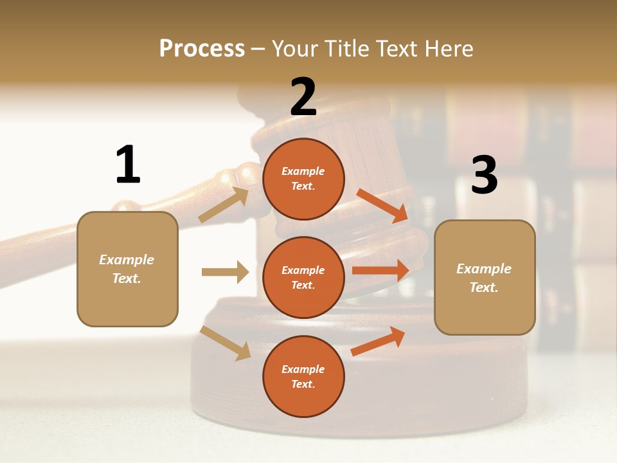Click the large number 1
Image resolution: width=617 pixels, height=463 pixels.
point(128,165)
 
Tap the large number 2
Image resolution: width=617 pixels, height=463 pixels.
point(303,96)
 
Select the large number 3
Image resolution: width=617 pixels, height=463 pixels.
point(484,175)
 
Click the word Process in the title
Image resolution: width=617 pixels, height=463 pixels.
point(202,48)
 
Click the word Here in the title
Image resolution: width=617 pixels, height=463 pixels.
point(449,48)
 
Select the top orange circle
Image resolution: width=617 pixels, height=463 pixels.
point(303,179)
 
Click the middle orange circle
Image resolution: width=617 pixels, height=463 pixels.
point(303,277)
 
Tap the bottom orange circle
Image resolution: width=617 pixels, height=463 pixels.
point(303,376)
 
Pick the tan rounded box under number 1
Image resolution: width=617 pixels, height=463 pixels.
point(127,269)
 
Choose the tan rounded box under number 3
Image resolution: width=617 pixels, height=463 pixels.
point(484,278)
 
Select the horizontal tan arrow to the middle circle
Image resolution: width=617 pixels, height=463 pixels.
point(225,272)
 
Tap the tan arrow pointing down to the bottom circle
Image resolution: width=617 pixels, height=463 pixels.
point(226,342)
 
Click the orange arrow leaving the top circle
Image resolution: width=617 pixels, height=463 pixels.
point(382,205)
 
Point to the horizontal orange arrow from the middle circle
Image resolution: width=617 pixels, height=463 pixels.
point(380,270)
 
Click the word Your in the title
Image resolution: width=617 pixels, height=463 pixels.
point(294,48)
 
